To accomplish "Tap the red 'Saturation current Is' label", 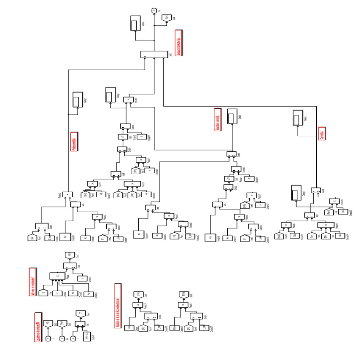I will click(x=218, y=120).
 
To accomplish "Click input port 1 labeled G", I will click(x=48, y=338).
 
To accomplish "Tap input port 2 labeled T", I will click(x=74, y=338).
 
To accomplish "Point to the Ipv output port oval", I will click(x=154, y=9).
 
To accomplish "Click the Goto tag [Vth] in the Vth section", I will click(x=69, y=255).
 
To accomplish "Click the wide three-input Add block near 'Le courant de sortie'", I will click(x=154, y=55).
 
